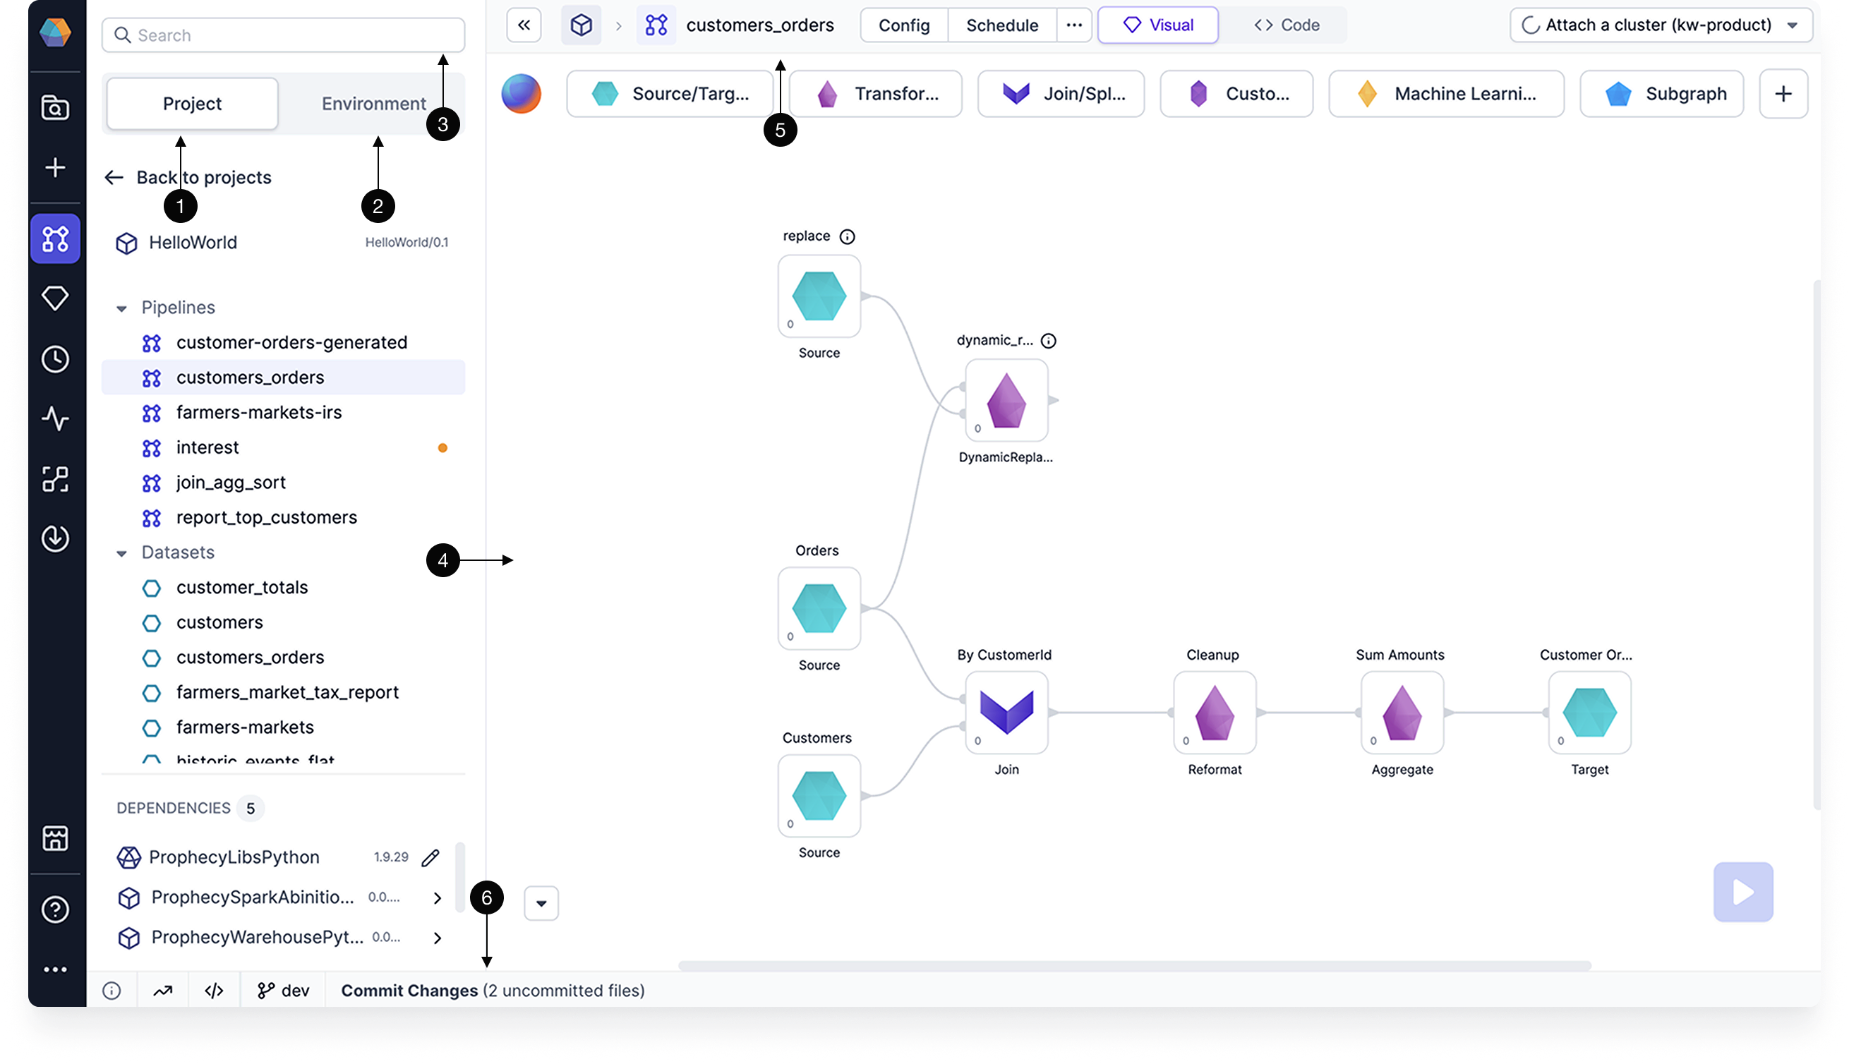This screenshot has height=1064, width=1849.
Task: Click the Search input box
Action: pos(284,35)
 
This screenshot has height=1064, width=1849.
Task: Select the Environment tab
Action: pos(373,104)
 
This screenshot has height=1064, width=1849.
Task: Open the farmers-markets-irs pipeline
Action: pos(259,413)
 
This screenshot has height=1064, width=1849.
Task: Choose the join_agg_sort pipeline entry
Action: pos(231,483)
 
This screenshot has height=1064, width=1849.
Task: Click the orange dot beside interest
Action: pos(442,448)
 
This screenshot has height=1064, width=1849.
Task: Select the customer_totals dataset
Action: pos(242,588)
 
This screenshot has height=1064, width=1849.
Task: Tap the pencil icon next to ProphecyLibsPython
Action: pos(430,857)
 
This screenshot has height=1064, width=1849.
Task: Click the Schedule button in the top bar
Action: pos(1001,25)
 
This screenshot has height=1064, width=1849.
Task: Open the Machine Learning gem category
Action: pos(1446,94)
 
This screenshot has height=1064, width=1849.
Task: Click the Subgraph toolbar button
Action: pos(1662,94)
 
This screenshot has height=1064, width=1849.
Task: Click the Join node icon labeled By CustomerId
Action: pos(1006,713)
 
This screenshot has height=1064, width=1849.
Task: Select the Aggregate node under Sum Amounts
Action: pos(1402,713)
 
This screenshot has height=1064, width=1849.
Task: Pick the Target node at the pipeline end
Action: pos(1589,713)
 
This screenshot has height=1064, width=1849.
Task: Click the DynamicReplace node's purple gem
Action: pos(1006,401)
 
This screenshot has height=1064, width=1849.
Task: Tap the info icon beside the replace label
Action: pos(847,237)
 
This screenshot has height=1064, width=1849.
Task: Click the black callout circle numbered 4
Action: pos(443,560)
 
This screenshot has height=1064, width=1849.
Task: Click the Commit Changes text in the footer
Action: pos(409,991)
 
